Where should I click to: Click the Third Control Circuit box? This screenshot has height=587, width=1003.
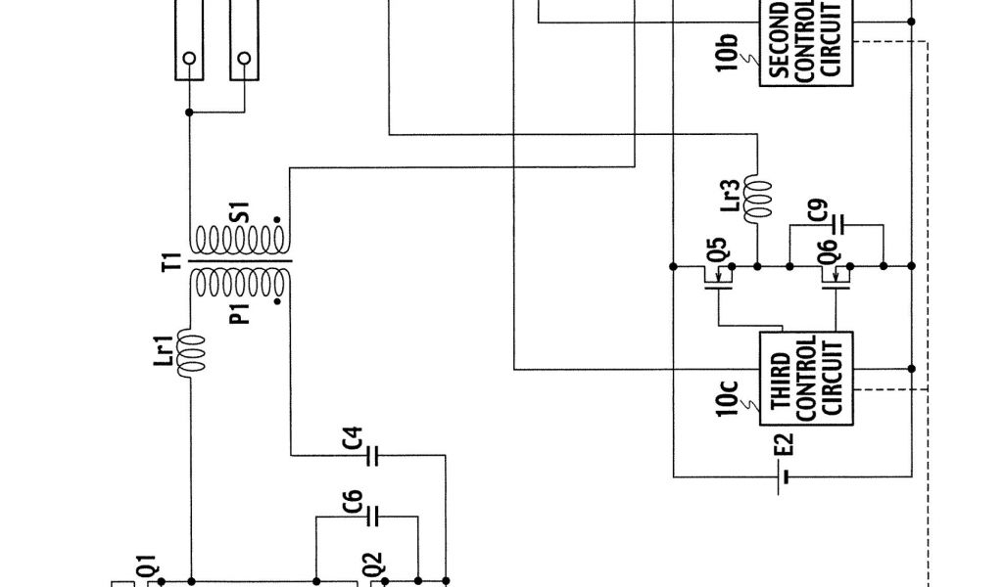(806, 377)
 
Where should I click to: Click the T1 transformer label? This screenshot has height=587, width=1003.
(171, 262)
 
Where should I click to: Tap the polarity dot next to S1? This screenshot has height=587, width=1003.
(279, 219)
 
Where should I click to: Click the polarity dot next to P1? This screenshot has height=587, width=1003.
(279, 303)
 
